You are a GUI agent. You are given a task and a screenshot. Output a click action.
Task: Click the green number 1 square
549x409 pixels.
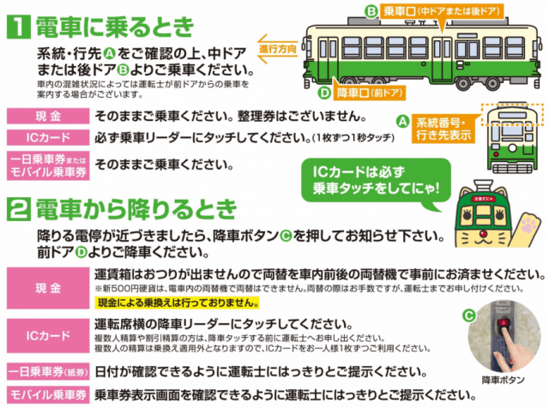[19, 27]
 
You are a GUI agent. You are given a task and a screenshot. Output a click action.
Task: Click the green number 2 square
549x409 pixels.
[19, 209]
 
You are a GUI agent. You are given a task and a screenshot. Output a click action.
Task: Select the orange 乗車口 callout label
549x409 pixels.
[443, 12]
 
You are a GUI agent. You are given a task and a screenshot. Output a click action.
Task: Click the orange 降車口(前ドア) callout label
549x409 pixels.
[369, 93]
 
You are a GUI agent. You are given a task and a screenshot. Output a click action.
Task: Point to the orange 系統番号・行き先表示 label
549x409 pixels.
[443, 129]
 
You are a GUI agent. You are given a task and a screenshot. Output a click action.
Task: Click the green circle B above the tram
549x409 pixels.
[371, 11]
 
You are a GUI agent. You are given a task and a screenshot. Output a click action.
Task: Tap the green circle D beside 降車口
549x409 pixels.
[324, 93]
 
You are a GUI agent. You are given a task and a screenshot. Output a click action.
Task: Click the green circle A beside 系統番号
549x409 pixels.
[402, 122]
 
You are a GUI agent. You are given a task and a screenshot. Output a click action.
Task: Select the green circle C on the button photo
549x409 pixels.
[469, 316]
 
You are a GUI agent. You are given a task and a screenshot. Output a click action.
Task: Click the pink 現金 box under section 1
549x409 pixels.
[48, 116]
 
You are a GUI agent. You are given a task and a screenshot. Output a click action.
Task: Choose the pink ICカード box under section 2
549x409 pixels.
[48, 335]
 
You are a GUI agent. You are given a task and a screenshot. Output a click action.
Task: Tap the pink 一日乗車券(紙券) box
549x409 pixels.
[48, 371]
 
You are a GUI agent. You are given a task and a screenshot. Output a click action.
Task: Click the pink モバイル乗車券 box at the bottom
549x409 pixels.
[48, 395]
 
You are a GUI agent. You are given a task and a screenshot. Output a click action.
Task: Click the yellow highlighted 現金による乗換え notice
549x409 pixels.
[177, 303]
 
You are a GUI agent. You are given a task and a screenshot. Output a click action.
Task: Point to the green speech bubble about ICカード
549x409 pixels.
[377, 181]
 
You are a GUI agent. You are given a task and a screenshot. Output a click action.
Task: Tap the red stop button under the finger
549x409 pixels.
[504, 322]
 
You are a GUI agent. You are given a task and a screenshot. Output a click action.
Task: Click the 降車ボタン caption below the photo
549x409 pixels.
[504, 380]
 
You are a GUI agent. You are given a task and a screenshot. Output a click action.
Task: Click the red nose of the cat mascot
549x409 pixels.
[483, 233]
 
